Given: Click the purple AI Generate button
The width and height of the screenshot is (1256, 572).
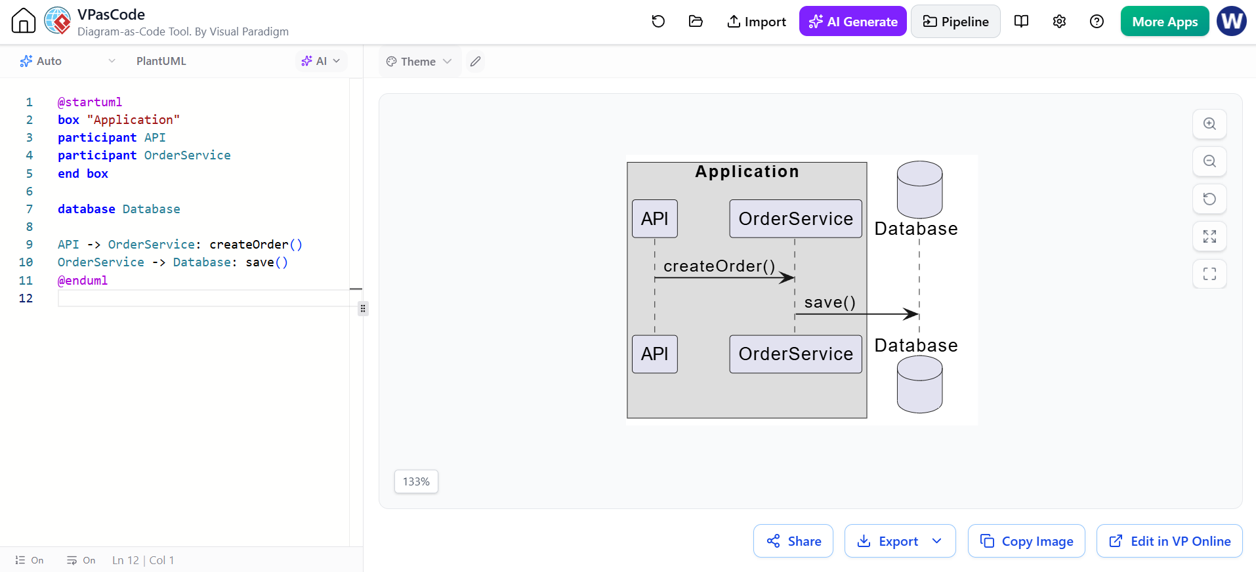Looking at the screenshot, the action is [852, 22].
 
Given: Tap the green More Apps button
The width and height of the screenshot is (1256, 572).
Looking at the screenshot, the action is [1165, 22].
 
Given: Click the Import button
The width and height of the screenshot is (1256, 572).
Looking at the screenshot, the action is [757, 22].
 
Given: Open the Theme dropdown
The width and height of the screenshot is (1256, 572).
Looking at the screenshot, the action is [419, 62].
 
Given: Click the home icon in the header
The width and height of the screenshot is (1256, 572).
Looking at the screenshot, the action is [24, 21].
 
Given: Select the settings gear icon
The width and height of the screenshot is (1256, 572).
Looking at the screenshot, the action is [1059, 22].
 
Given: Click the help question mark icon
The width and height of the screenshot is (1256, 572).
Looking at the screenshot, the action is [1097, 22].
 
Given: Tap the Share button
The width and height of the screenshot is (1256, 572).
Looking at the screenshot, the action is [793, 541].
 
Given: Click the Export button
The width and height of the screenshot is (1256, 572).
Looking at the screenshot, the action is [900, 541].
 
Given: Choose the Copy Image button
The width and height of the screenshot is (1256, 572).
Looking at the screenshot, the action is [1026, 541].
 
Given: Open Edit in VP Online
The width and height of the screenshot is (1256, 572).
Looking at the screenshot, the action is [1169, 541].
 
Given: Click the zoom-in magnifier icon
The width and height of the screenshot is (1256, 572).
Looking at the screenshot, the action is [1209, 124].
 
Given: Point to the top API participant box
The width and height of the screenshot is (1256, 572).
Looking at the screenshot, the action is [655, 218].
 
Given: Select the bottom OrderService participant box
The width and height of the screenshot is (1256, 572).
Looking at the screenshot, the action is [796, 354].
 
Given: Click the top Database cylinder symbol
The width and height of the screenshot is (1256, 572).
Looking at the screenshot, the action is [920, 190].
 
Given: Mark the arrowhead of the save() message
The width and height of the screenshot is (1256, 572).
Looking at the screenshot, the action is [911, 314].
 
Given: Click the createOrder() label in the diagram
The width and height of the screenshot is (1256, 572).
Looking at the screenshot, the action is [719, 266].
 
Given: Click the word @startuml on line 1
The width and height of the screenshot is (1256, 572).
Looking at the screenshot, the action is [90, 102].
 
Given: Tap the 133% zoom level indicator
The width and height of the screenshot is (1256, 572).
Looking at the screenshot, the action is [416, 481].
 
